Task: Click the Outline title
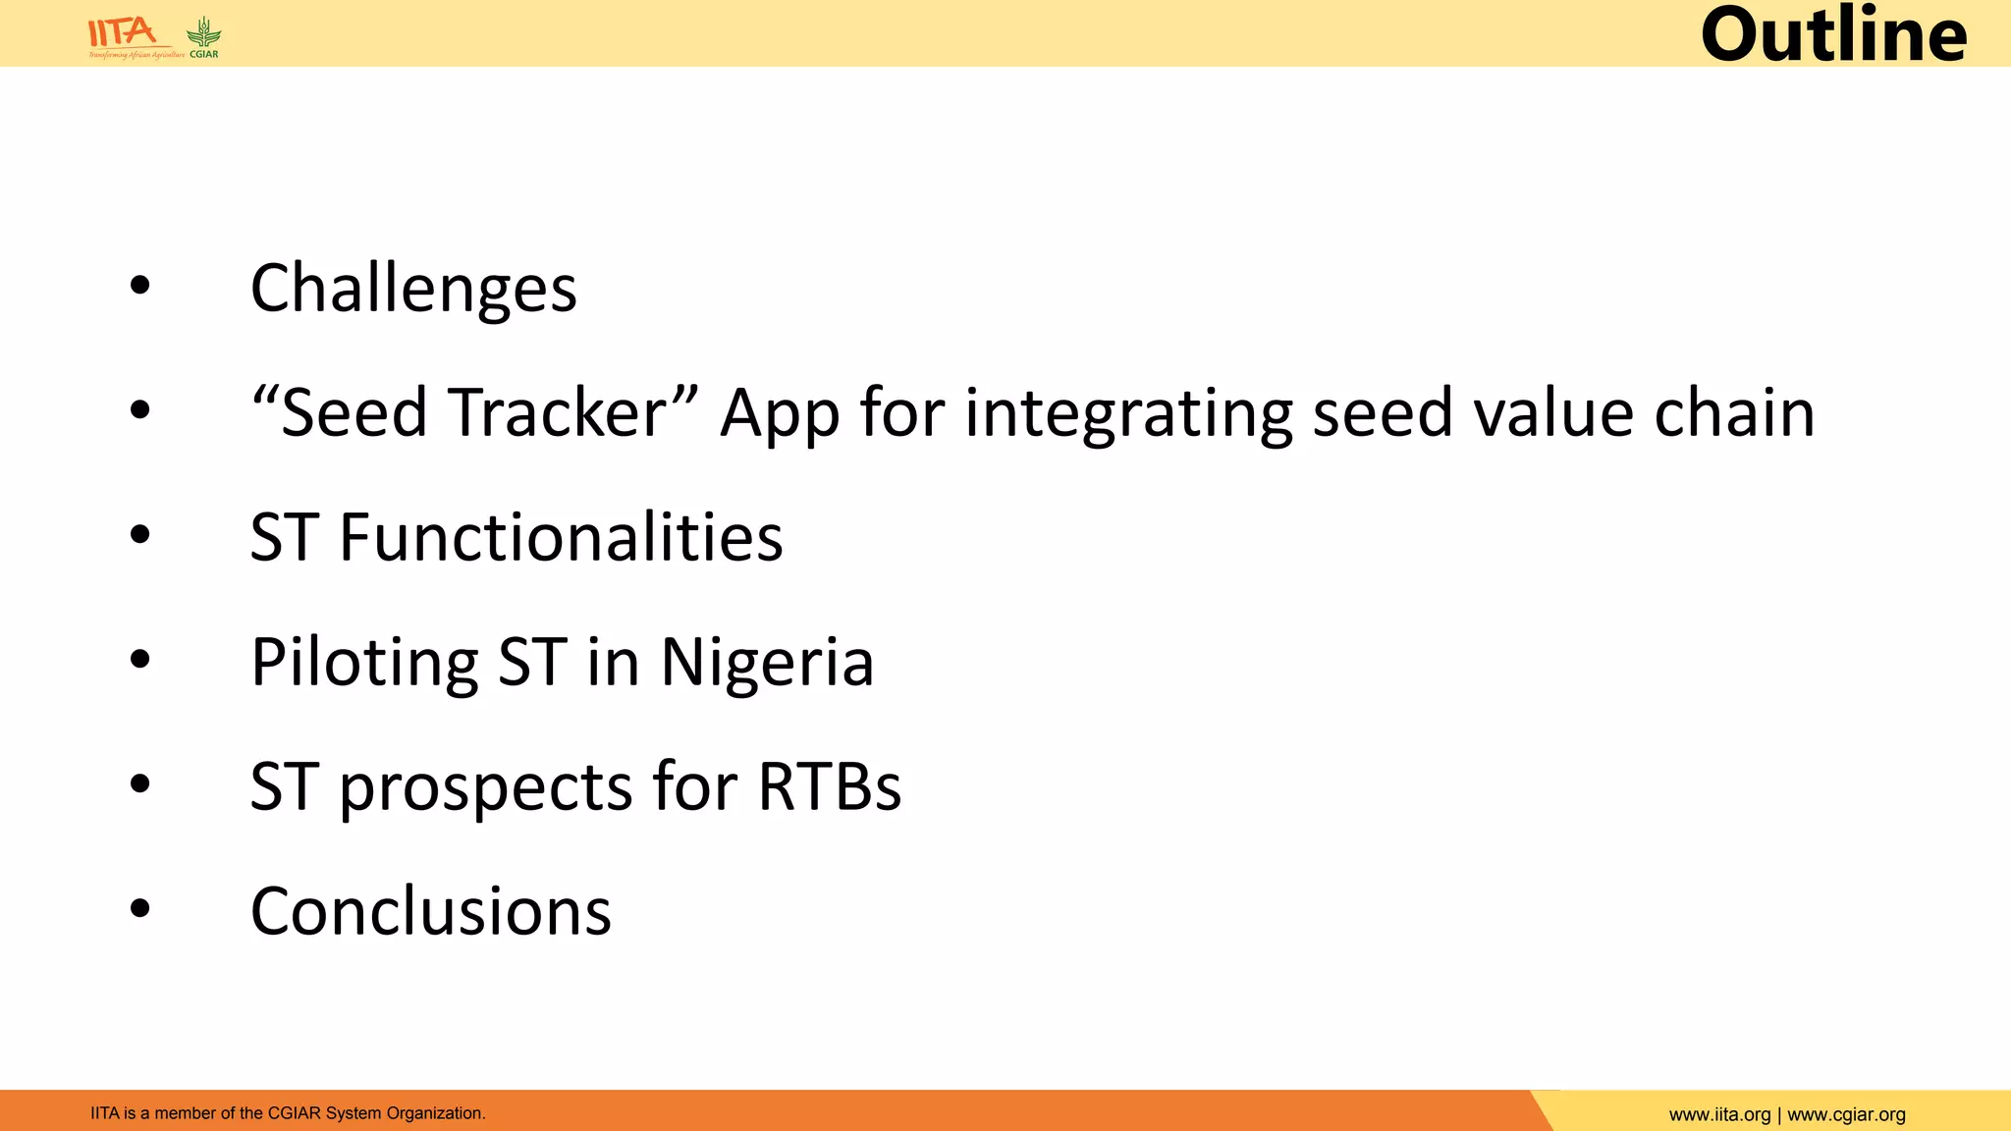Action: (1833, 35)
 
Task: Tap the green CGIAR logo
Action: (204, 37)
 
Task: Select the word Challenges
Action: (413, 289)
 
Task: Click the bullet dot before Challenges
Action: (140, 286)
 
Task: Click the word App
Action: (780, 414)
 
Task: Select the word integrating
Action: (1128, 414)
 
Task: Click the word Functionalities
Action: (561, 538)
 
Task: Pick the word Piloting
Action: (364, 663)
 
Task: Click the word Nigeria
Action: (767, 663)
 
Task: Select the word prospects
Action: (486, 788)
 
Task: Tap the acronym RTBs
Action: (829, 786)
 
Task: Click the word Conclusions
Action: (431, 911)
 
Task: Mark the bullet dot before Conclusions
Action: (140, 908)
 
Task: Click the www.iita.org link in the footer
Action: (1719, 1114)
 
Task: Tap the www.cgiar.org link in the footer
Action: (1846, 1114)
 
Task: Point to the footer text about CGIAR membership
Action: (288, 1113)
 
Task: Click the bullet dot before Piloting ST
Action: (140, 660)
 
